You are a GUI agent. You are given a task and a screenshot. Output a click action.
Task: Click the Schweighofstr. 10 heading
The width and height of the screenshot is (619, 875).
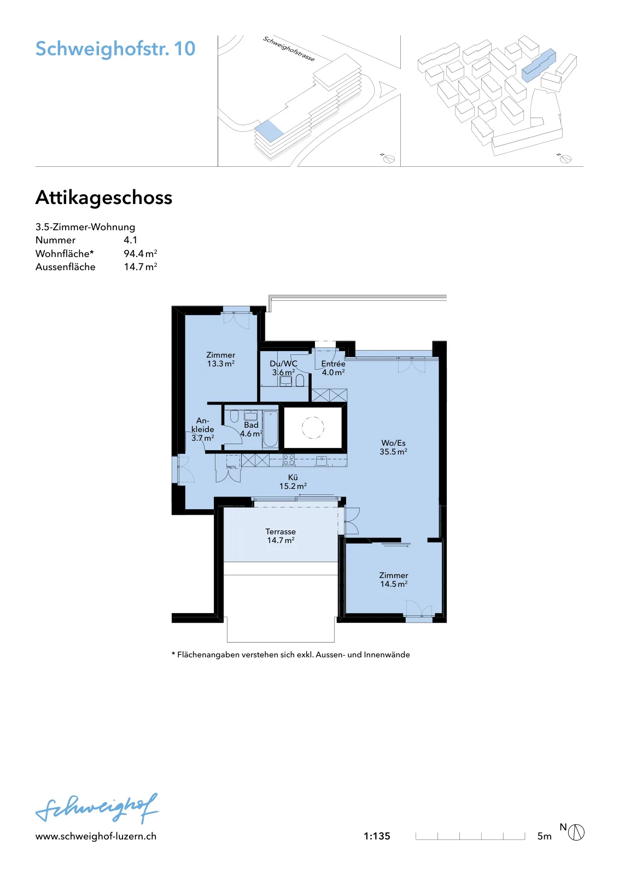pyautogui.click(x=115, y=49)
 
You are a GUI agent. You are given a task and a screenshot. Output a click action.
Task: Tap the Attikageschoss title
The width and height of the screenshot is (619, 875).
pyautogui.click(x=104, y=197)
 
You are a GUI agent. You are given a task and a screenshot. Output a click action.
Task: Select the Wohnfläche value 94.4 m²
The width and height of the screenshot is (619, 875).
pyautogui.click(x=141, y=254)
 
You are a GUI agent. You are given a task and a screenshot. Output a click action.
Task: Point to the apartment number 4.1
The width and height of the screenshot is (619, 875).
pyautogui.click(x=131, y=240)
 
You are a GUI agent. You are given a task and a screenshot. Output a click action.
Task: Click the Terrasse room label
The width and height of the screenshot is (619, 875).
pyautogui.click(x=281, y=536)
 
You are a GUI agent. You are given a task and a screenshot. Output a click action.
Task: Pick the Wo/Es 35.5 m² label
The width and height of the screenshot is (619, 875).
pyautogui.click(x=393, y=447)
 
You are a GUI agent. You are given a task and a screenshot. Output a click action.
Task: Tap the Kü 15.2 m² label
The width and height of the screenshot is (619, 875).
pyautogui.click(x=293, y=482)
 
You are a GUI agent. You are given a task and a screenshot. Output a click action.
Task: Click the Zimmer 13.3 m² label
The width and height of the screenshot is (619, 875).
pyautogui.click(x=221, y=359)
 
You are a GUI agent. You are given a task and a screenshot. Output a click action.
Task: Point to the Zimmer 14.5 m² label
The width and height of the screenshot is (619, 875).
pyautogui.click(x=394, y=580)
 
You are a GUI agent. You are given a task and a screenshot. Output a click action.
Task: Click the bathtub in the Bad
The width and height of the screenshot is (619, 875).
pyautogui.click(x=270, y=429)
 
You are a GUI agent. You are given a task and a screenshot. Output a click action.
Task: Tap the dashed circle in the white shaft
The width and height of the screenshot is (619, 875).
pyautogui.click(x=312, y=428)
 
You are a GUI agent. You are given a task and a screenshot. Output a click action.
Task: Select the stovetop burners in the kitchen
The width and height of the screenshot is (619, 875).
pyautogui.click(x=289, y=460)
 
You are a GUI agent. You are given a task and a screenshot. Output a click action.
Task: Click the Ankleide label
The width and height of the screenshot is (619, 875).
pyautogui.click(x=203, y=429)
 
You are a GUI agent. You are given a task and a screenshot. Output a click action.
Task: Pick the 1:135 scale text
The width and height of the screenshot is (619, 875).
pyautogui.click(x=377, y=836)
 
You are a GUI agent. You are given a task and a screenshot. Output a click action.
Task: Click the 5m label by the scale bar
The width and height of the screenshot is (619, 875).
pyautogui.click(x=545, y=836)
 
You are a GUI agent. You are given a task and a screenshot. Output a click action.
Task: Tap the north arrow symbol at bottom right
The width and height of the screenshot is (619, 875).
pyautogui.click(x=576, y=832)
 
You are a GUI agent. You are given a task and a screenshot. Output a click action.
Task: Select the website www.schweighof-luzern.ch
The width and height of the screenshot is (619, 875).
pyautogui.click(x=96, y=836)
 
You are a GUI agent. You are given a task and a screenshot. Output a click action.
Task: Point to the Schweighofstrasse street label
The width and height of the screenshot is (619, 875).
pyautogui.click(x=289, y=49)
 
